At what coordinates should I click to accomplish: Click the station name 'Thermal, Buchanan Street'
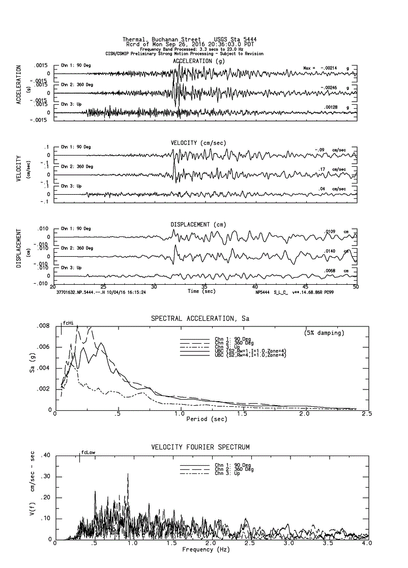pos(156,39)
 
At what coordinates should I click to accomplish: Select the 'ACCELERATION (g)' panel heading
pos(199,61)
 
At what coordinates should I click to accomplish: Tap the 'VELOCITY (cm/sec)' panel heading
pos(198,143)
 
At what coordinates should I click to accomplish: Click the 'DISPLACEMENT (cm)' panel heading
pos(198,224)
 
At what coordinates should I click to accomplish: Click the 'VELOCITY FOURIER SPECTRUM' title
pos(200,447)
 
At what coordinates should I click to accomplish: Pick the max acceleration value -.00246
pos(331,87)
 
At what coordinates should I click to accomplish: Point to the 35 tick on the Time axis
pos(204,286)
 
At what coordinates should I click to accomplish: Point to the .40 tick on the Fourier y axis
pos(45,455)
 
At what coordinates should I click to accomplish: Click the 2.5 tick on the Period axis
pos(366,414)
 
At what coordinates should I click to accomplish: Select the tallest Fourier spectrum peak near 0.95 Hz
pos(128,474)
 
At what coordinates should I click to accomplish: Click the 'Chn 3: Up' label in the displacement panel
pos(71,267)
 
